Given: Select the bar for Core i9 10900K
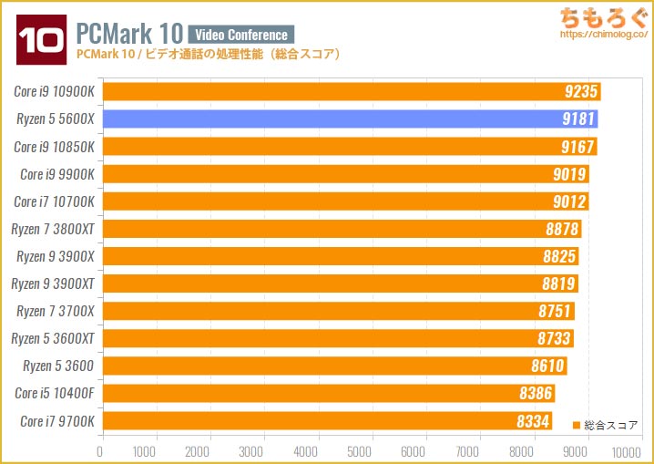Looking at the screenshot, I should point(351,91).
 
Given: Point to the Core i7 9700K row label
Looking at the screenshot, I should point(54,421).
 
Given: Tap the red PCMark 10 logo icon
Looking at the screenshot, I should point(39,39).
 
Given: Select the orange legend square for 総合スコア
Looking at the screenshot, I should point(576,425).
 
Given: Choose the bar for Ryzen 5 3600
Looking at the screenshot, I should point(334,366).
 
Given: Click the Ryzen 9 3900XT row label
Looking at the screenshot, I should point(53,284).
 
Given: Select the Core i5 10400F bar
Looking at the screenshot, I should point(328,394).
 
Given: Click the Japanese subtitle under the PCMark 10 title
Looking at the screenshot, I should point(209,55).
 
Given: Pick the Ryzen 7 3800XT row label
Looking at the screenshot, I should point(53,229).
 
